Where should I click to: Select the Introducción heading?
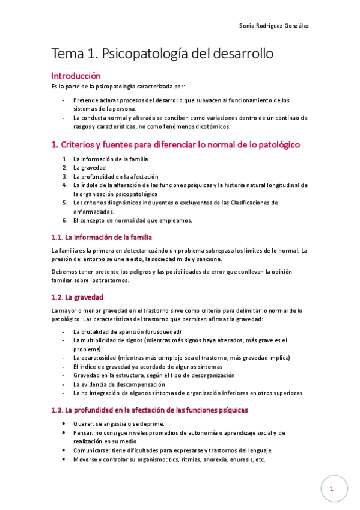(x=76, y=76)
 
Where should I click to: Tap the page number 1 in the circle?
(x=332, y=490)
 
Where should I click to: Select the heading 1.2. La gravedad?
(x=78, y=297)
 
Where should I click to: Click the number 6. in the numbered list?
(x=65, y=220)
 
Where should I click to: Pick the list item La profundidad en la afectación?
(x=115, y=177)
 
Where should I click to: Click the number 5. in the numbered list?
(x=65, y=203)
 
